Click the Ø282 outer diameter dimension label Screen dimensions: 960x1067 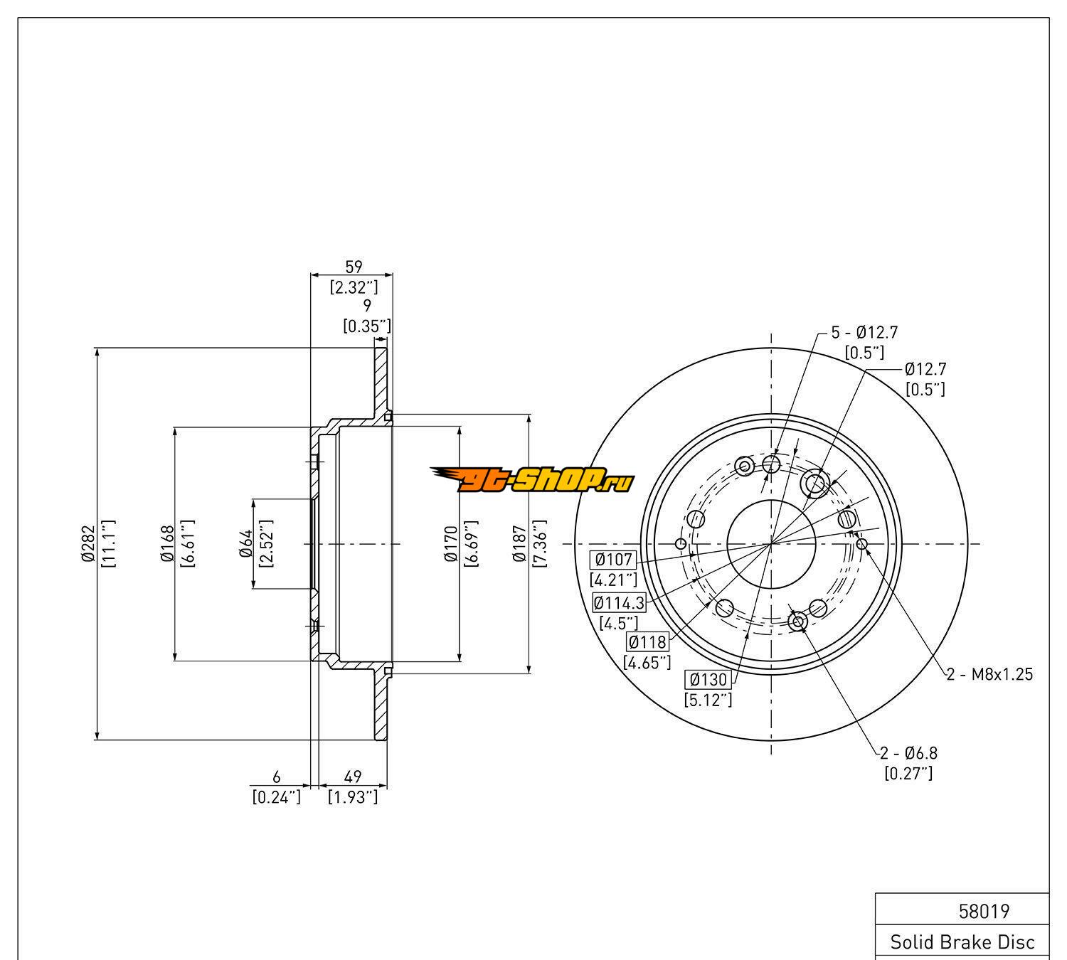[x=87, y=544]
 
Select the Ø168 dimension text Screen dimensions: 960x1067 [x=168, y=544]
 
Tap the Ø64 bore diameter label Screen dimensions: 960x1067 [x=247, y=544]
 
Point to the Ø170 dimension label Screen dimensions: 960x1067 [x=450, y=544]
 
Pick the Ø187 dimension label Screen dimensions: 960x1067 [x=520, y=544]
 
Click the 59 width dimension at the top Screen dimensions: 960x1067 [x=354, y=267]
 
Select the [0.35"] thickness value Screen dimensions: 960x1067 [x=367, y=326]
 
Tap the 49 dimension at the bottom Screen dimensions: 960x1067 [x=353, y=777]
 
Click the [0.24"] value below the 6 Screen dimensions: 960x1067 [x=277, y=797]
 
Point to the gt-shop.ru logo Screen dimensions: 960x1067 [x=531, y=481]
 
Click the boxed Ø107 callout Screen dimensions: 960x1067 [x=613, y=559]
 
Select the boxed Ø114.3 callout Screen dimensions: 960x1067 [x=619, y=603]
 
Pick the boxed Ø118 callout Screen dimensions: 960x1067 [x=647, y=642]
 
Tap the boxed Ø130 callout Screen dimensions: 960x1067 [x=708, y=679]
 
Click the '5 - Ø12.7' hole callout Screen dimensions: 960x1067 [x=864, y=332]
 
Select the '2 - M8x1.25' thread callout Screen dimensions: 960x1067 [x=989, y=674]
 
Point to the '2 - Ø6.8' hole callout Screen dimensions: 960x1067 [x=908, y=752]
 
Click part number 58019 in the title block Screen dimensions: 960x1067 [x=984, y=911]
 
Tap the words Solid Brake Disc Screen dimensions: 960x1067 [x=962, y=942]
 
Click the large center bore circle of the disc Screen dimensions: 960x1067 [x=771, y=544]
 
